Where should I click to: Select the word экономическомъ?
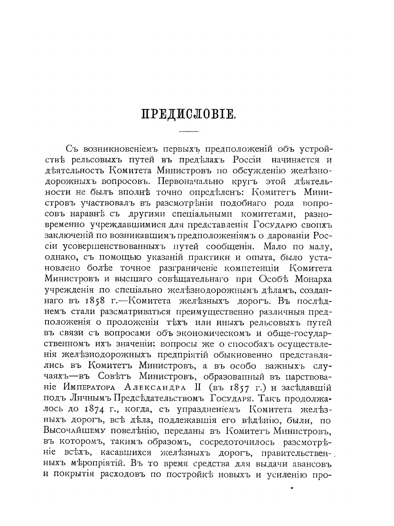pyautogui.click(x=212, y=333)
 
